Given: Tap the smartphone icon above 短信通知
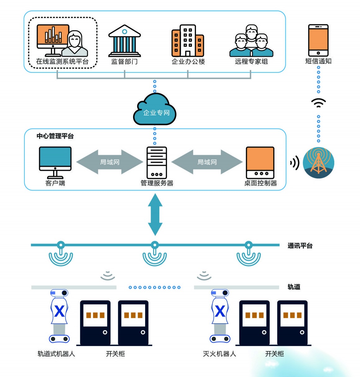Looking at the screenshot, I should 318,40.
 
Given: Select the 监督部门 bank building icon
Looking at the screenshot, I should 124,41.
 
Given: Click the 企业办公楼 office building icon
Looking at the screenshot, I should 188,41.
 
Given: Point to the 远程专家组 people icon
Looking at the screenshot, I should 251,41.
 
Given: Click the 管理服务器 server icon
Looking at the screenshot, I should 157,162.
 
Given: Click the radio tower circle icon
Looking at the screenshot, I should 318,163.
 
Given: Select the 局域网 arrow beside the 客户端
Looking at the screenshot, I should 110,162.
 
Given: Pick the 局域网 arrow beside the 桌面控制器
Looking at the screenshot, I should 207,162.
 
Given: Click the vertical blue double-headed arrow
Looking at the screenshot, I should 155,214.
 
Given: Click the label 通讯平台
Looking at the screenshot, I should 300,246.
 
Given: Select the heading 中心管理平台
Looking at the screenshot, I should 55,136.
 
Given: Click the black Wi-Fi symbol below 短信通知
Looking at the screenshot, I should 318,103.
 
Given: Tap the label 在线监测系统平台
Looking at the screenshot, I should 62,61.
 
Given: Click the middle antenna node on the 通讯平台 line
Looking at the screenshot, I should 155,246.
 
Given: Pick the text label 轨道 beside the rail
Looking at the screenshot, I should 294,287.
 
